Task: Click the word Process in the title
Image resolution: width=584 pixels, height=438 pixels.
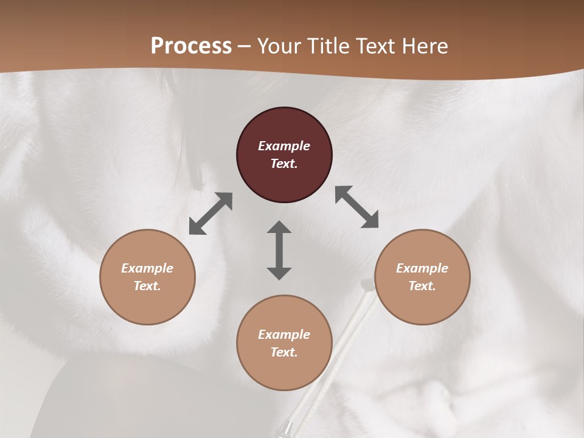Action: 191,46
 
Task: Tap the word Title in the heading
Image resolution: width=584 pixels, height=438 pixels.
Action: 329,46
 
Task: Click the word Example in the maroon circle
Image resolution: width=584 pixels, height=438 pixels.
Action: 284,146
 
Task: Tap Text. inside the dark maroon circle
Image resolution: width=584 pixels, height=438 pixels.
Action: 284,164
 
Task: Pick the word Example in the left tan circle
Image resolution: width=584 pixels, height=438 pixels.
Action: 147,268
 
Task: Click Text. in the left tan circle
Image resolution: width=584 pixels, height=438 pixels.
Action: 147,286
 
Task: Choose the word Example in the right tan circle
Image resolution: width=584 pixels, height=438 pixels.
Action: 422,268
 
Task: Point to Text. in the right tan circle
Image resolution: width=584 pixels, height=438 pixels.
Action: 422,286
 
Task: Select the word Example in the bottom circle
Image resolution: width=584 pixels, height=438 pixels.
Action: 284,335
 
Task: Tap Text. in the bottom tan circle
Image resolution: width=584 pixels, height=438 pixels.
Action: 284,352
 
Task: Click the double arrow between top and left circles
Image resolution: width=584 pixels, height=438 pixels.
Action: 210,214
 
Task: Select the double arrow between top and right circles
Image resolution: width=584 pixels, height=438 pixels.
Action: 357,207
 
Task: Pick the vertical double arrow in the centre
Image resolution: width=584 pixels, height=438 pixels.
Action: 279,250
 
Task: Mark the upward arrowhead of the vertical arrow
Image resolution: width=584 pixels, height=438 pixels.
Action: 279,227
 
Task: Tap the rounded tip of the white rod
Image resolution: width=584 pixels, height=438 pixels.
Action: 367,284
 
